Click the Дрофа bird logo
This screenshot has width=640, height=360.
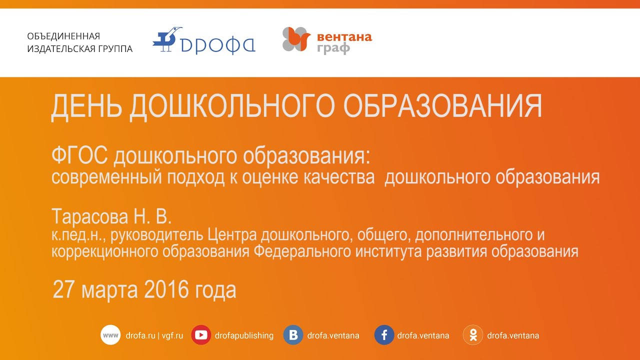tap(167, 39)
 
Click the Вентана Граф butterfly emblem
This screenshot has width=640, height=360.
tap(296, 39)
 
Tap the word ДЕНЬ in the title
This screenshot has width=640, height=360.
tap(86, 106)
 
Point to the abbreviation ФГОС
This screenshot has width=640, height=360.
tap(79, 155)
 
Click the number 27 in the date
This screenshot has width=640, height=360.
tap(64, 289)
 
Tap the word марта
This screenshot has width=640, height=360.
tap(109, 291)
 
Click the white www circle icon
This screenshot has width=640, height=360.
tap(110, 335)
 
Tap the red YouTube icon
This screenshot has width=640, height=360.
tap(201, 335)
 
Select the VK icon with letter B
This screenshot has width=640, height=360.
tap(293, 335)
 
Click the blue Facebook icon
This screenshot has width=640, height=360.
tap(384, 335)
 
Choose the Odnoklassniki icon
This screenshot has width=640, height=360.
tap(473, 335)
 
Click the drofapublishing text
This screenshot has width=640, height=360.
tap(244, 335)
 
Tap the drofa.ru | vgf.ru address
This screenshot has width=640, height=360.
tap(154, 335)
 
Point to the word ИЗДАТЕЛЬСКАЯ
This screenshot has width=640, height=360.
tap(61, 49)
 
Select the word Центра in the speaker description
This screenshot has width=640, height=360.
tap(232, 235)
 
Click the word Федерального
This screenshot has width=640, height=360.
tap(302, 251)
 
